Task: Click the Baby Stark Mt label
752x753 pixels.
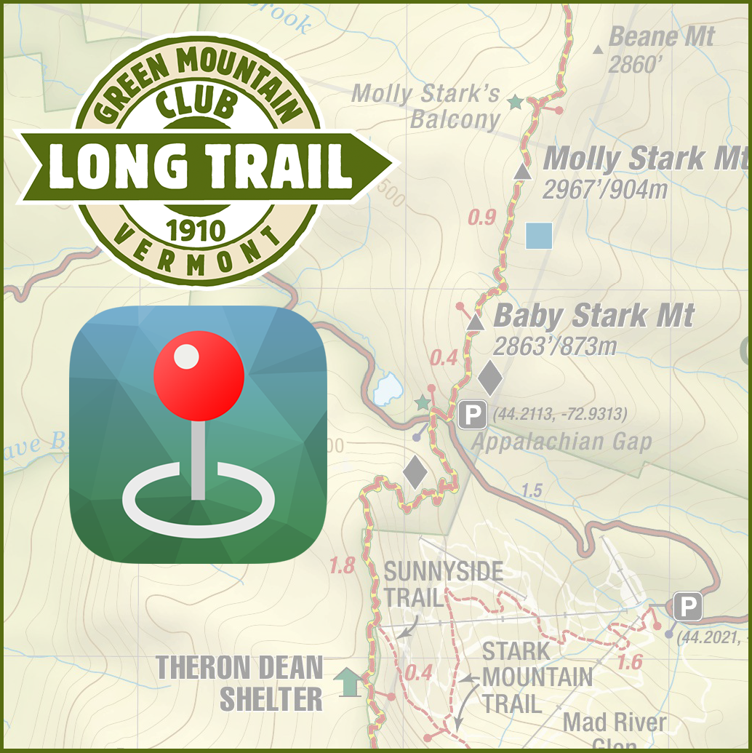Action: [593, 316]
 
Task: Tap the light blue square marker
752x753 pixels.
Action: [538, 236]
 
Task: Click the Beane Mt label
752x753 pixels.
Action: [661, 36]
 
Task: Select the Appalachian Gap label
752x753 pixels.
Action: [561, 442]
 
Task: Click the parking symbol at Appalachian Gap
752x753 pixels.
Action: [472, 415]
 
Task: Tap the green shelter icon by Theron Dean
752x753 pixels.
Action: [348, 682]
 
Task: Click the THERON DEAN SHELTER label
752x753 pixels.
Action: [240, 683]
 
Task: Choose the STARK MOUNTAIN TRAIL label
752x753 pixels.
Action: [537, 677]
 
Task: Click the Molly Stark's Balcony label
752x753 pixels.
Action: [427, 105]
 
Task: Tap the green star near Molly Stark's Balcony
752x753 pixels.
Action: [515, 103]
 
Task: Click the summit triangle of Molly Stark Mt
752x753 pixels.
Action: [521, 172]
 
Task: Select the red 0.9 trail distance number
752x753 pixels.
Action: [481, 217]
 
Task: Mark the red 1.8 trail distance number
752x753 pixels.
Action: [342, 565]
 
